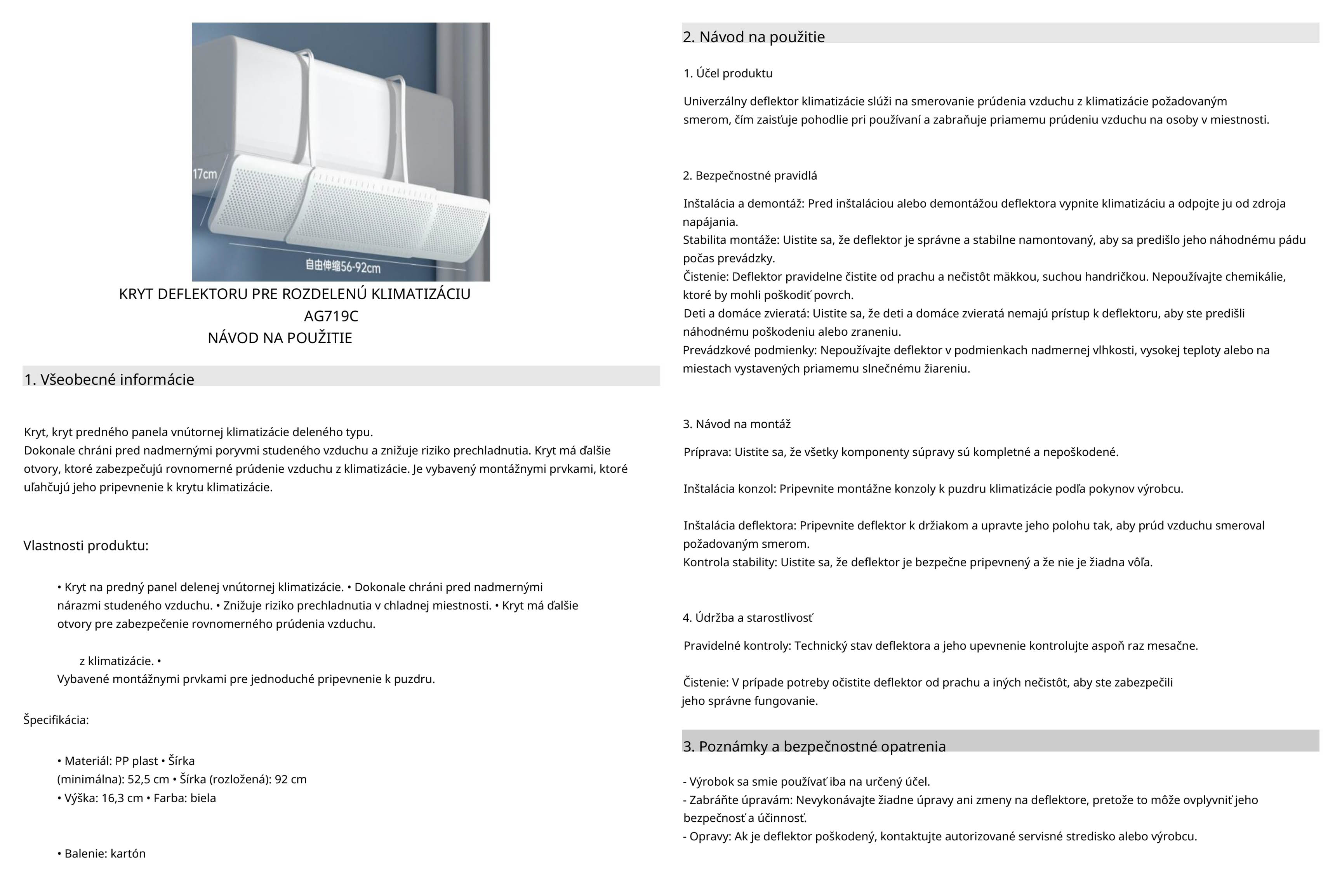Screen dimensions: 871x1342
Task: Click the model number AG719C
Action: pos(331,316)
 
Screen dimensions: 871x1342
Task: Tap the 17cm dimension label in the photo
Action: pos(205,174)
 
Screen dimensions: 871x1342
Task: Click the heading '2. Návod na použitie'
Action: pos(753,36)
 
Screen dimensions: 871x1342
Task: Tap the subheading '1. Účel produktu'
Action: pos(728,73)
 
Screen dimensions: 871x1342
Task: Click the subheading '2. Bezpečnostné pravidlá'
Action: pos(750,175)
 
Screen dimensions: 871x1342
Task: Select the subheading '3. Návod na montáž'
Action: pos(736,424)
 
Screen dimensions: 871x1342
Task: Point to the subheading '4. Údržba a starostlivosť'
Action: pos(747,618)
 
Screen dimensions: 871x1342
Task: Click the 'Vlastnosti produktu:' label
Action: pos(86,546)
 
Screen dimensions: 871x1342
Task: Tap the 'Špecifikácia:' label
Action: pos(56,720)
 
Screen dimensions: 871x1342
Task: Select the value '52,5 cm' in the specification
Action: pos(148,780)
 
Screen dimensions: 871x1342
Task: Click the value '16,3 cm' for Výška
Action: pos(122,798)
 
